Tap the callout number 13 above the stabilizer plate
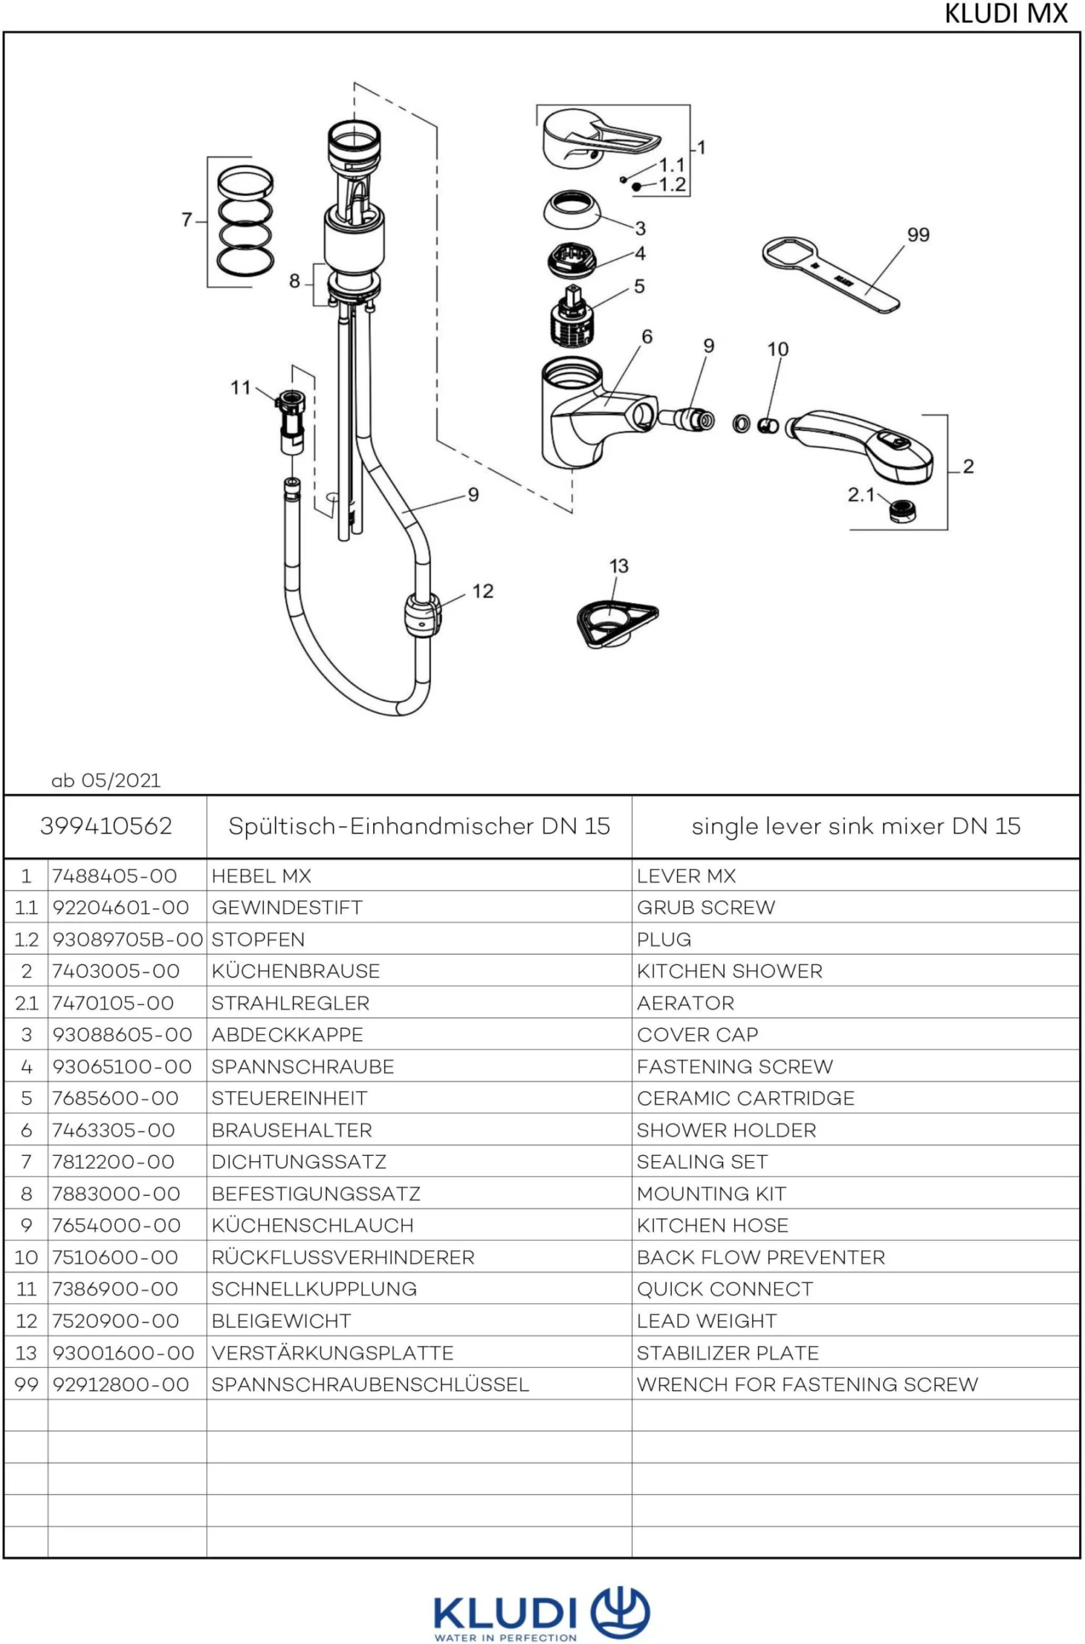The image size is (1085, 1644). [618, 566]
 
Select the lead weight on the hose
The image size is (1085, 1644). [422, 615]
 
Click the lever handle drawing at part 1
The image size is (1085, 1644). [593, 139]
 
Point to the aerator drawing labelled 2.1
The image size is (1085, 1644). [903, 510]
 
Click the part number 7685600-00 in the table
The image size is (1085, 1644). [115, 1098]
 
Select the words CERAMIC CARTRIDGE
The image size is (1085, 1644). [745, 1098]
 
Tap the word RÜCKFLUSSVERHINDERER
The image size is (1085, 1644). [343, 1257]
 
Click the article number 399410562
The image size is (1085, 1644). [106, 826]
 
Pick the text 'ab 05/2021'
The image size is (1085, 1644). [106, 781]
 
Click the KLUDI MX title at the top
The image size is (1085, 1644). [1005, 14]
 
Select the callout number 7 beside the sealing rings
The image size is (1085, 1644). [187, 220]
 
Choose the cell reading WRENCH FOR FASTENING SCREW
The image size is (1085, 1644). [807, 1384]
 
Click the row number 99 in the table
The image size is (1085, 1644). [26, 1384]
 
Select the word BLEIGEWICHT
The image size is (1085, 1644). [281, 1321]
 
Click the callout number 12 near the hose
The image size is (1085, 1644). [482, 591]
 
